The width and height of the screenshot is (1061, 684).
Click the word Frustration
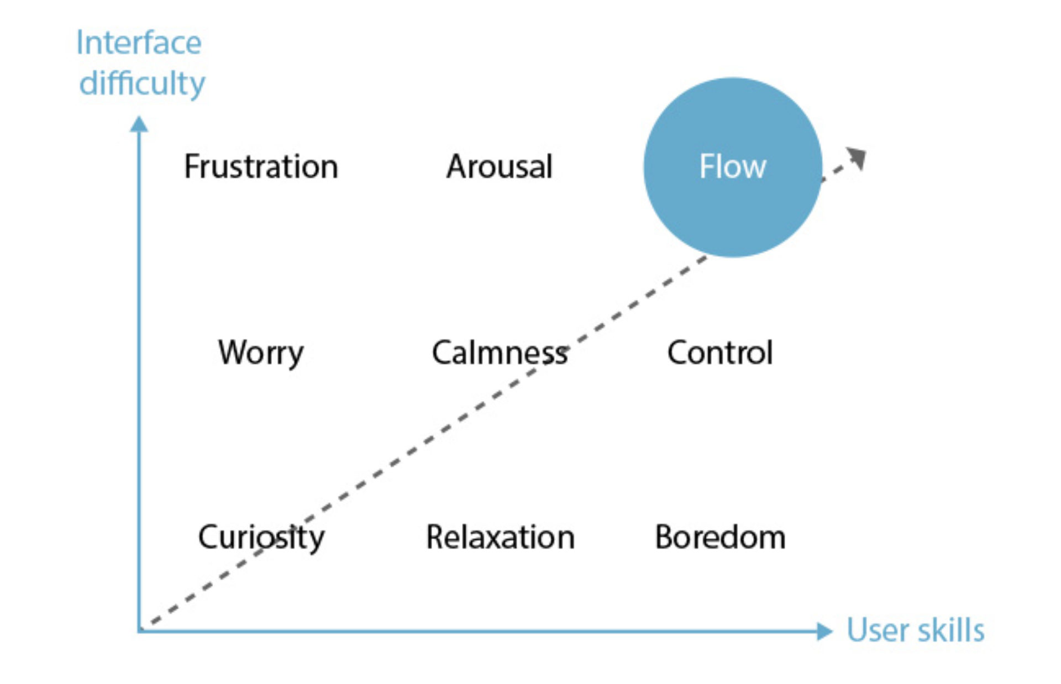tap(261, 166)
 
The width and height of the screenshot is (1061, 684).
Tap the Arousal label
tap(499, 166)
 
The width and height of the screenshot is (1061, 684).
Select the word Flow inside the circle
tap(733, 166)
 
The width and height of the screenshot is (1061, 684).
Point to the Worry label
tap(261, 353)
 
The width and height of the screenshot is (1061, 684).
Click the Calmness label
tap(499, 353)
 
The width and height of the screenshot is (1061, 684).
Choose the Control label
tap(720, 352)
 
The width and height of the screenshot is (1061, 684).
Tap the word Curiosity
tap(261, 538)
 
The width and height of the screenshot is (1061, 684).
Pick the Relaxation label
tap(500, 537)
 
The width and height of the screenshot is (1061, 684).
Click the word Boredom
tap(720, 537)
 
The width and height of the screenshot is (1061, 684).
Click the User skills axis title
tap(916, 630)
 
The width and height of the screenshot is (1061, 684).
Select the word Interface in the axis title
tap(139, 43)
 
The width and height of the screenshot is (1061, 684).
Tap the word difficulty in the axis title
tap(142, 84)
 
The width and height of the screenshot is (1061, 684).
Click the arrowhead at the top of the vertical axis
tap(139, 124)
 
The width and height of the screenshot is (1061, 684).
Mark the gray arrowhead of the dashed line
tap(857, 158)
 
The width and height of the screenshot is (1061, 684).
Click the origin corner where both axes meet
tap(140, 630)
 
